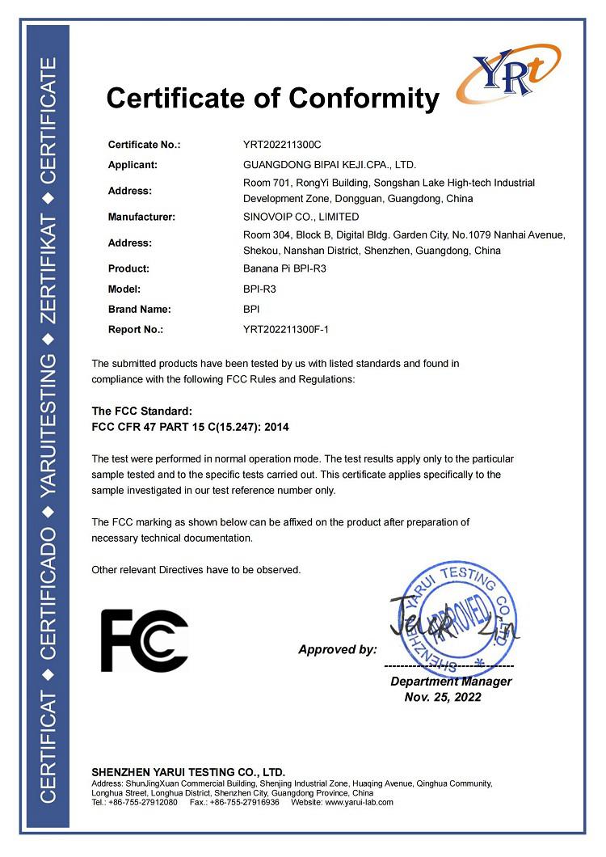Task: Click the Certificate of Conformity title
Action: pyautogui.click(x=272, y=99)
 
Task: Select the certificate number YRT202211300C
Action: pyautogui.click(x=282, y=145)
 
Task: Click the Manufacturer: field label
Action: pyautogui.click(x=142, y=217)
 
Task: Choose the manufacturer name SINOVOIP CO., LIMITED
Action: pyautogui.click(x=301, y=217)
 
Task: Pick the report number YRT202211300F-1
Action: pyautogui.click(x=287, y=330)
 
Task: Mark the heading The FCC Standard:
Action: pyautogui.click(x=142, y=412)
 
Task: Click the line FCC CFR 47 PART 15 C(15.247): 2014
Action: pyautogui.click(x=200, y=427)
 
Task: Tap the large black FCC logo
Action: pyautogui.click(x=144, y=640)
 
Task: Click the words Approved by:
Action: pyautogui.click(x=337, y=649)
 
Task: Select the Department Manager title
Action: pyautogui.click(x=451, y=682)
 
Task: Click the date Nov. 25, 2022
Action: pyautogui.click(x=443, y=697)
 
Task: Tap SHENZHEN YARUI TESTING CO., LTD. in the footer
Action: pyautogui.click(x=188, y=772)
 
